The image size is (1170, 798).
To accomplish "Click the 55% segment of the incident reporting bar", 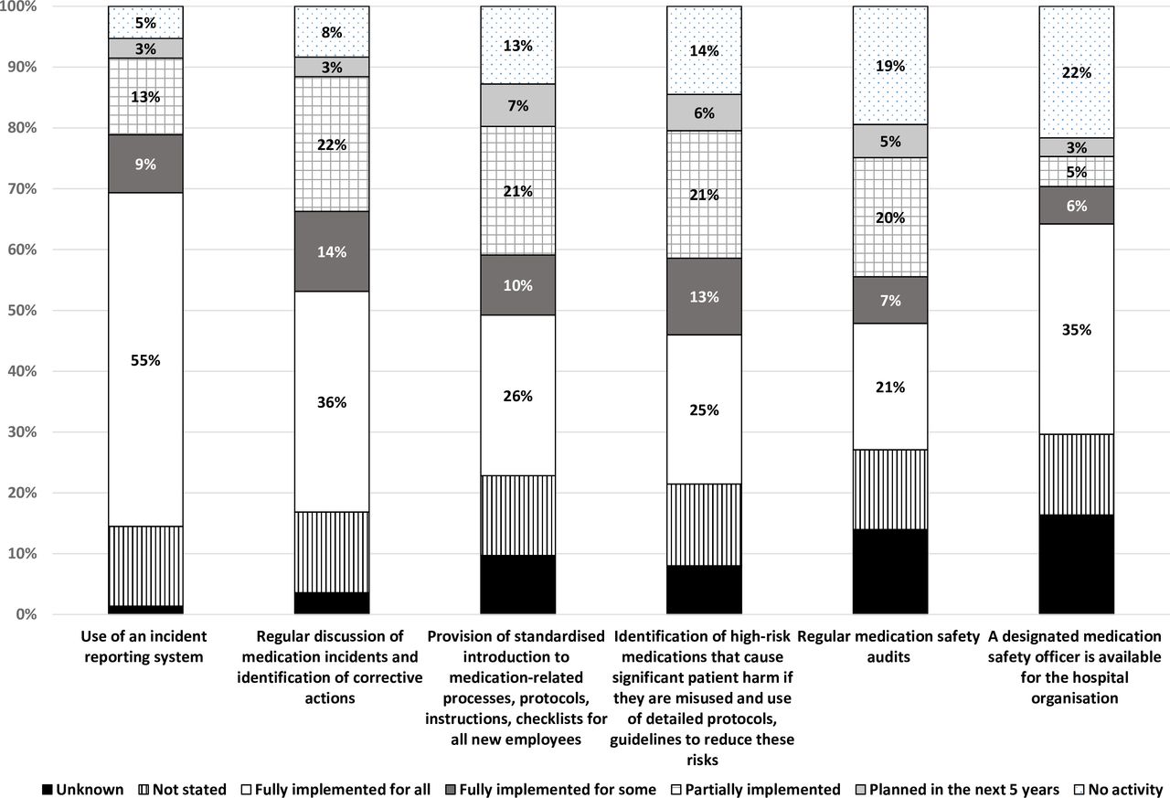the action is pos(145,360).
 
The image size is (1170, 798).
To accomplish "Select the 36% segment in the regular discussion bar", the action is pos(332,401).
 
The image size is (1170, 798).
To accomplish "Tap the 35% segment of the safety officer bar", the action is pos(1077,329).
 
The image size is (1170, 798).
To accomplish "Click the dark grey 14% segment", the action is pos(332,251).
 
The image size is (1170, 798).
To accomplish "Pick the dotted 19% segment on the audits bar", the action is pos(890,65).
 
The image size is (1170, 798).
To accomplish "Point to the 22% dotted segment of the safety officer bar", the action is pos(1077,72).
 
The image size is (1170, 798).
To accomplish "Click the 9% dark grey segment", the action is pos(145,164).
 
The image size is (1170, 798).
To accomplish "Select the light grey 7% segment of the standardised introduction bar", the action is pos(518,105).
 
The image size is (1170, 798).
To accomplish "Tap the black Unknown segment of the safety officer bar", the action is pos(1077,564).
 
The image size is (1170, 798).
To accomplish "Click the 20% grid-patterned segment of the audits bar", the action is pos(890,218).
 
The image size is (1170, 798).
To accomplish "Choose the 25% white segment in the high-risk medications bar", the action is pos(704,410).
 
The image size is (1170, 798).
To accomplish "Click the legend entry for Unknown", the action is pos(82,789).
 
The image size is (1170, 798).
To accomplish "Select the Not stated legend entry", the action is pos(183,789).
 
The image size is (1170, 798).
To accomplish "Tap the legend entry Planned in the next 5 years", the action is pos(957,789).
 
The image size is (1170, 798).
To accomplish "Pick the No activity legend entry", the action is pos(1118,789).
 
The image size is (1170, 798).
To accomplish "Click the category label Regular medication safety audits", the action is pos(888,646).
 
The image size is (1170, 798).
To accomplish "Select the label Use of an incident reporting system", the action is pos(144,646).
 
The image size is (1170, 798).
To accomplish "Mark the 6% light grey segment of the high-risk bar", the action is pos(704,112).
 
